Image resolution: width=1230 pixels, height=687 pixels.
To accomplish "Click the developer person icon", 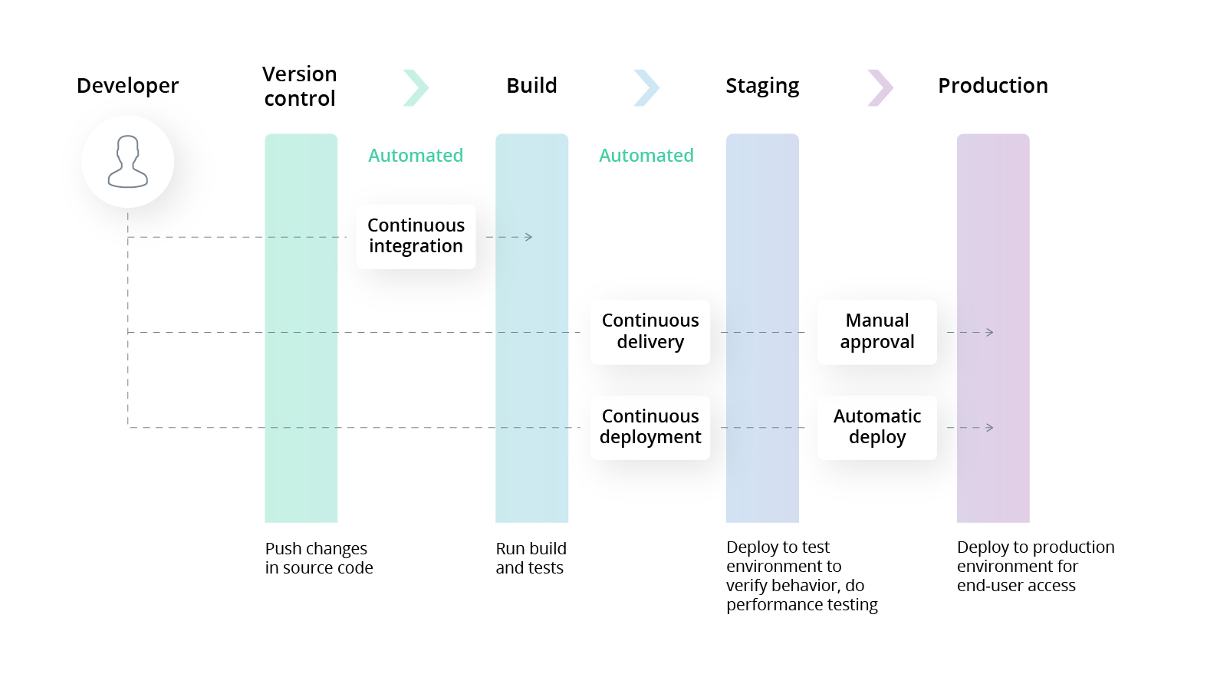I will point(127,162).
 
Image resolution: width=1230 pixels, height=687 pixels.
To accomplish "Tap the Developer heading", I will point(127,86).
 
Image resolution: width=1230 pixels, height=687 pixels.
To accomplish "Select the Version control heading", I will point(300,86).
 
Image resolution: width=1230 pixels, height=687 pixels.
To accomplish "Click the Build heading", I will point(531,86).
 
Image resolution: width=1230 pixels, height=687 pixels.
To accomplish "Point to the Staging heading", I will point(762,86).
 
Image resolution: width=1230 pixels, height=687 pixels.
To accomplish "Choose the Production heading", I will point(992,86).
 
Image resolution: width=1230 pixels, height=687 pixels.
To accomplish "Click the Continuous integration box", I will point(416,236).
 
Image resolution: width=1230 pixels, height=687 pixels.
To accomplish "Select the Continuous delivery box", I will point(650,331).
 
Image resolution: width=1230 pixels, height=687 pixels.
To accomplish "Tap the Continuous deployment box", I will point(650,427).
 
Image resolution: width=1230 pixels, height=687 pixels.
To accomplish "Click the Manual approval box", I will point(876,331).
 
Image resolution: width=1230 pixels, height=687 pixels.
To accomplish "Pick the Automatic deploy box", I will point(876,427).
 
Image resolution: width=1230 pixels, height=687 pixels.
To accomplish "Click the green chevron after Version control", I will point(416,87).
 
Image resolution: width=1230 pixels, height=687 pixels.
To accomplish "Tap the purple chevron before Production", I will point(880,87).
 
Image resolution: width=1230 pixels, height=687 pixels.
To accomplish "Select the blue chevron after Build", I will point(647,87).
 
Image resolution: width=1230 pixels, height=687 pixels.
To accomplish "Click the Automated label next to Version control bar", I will point(416,156).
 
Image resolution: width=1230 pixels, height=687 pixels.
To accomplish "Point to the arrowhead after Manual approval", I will point(990,332).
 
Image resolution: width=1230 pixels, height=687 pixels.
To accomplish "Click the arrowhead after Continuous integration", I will point(528,237).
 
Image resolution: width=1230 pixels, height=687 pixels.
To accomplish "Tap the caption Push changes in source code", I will point(319,558).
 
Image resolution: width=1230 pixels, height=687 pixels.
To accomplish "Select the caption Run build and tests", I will point(531,558).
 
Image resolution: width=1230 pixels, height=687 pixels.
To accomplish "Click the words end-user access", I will point(1016,586).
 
